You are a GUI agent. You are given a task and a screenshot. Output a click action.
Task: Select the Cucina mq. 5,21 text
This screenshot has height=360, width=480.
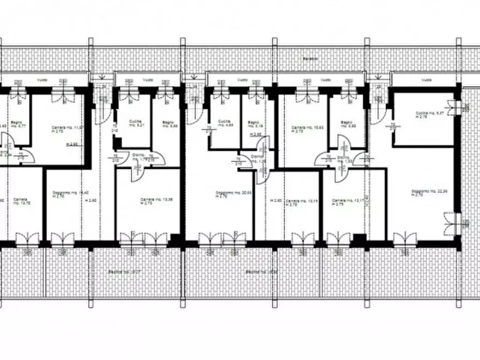[x=135, y=123]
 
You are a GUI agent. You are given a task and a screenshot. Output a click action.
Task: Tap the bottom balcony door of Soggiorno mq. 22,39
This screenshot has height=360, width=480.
[x=405, y=239]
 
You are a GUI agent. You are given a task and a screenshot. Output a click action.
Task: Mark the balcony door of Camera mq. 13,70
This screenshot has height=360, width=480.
[x=27, y=239]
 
